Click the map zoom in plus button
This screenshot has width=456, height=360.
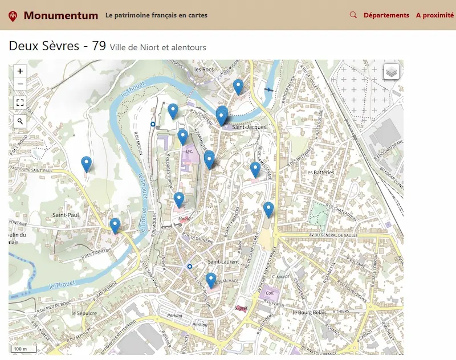(20, 71)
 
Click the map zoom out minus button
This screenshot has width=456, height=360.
(20, 84)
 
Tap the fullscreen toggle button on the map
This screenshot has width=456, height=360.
(20, 103)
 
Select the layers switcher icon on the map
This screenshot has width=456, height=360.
(392, 72)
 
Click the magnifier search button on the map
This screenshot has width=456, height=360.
(20, 121)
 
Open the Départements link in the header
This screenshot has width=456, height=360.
(386, 15)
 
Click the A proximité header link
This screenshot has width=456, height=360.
(435, 15)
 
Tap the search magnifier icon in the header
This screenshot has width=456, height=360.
(353, 15)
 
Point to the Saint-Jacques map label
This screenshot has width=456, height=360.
(249, 127)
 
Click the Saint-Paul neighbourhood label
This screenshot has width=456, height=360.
(65, 215)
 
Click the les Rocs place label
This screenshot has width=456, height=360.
(203, 69)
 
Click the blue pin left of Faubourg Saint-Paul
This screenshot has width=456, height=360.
(87, 164)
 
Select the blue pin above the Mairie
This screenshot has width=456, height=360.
(179, 199)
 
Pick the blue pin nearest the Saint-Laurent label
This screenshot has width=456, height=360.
(211, 280)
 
